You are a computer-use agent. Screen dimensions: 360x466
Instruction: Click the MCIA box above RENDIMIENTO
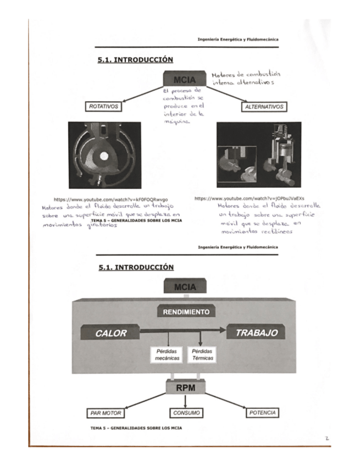click(185, 287)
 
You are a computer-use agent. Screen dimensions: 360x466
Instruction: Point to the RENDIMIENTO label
click(186, 312)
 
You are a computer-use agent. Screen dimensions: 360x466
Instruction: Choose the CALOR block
click(110, 333)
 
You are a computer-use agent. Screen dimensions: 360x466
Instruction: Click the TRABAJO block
click(256, 333)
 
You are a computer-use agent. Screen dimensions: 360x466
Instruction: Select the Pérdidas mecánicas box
click(167, 354)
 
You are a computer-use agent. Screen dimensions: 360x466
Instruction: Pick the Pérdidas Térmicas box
click(202, 354)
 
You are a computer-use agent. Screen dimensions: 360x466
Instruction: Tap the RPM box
click(185, 388)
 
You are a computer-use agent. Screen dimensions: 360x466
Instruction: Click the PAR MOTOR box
click(106, 413)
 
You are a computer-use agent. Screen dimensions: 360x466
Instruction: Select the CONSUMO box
click(185, 413)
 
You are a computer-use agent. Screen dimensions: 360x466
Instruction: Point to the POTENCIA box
click(262, 412)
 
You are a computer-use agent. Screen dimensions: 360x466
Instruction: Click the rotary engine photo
click(104, 155)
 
